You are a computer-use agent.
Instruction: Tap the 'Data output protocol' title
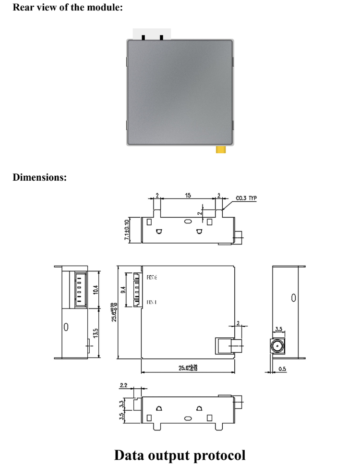pyautogui.click(x=180, y=454)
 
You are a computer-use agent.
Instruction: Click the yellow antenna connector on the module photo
pyautogui.click(x=220, y=150)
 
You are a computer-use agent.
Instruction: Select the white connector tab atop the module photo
pyautogui.click(x=147, y=34)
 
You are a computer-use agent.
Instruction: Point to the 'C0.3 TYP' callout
pyautogui.click(x=247, y=197)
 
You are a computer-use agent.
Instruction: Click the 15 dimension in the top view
pyautogui.click(x=188, y=196)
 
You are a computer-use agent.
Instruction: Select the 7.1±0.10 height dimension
pyautogui.click(x=127, y=230)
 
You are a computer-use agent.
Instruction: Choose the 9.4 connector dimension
pyautogui.click(x=123, y=290)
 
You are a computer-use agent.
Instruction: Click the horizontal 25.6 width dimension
pyautogui.click(x=188, y=368)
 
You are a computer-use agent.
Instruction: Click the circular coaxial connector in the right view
pyautogui.click(x=277, y=345)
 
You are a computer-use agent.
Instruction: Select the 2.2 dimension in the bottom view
pyautogui.click(x=124, y=385)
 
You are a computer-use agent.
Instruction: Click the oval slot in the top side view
pyautogui.click(x=188, y=221)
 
